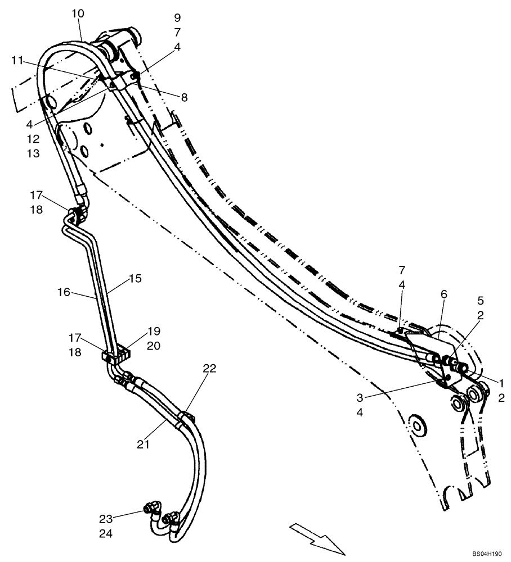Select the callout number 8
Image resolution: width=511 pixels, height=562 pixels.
[184, 97]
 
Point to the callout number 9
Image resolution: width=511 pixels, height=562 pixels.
[177, 17]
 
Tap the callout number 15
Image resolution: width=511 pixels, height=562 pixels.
[135, 278]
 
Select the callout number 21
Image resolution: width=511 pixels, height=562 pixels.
[144, 444]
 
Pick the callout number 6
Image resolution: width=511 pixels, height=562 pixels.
[443, 294]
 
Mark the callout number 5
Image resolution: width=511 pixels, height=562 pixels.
[480, 300]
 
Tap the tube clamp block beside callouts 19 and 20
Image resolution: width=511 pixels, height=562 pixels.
[115, 356]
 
